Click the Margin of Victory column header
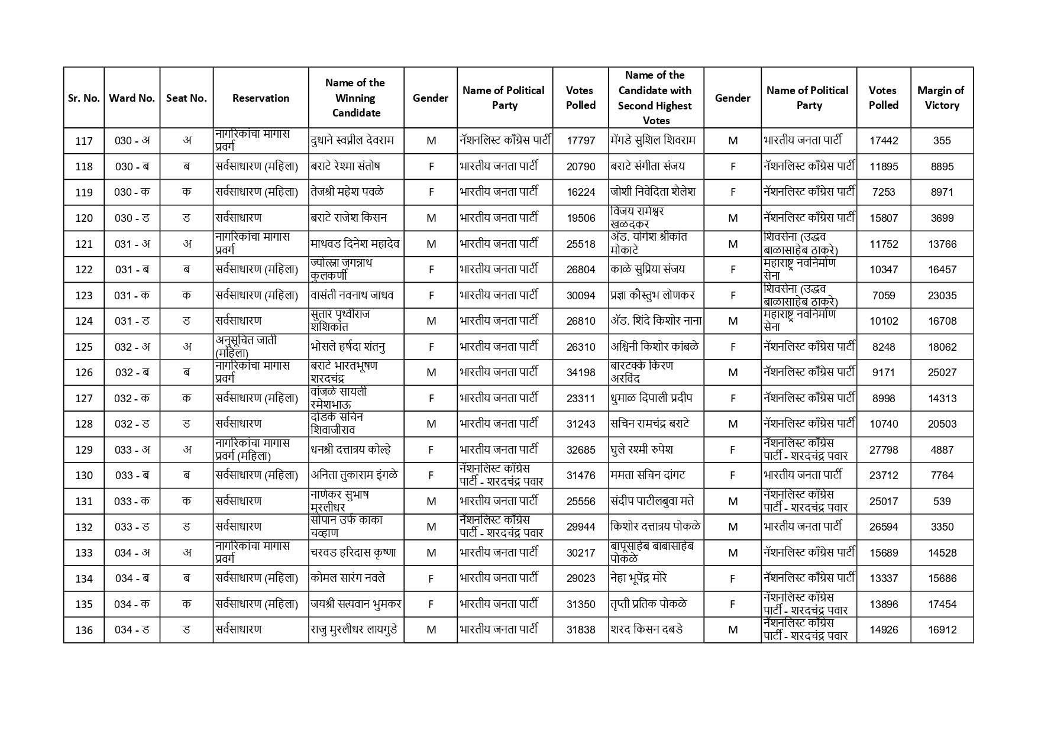pos(941,98)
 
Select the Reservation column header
pos(261,98)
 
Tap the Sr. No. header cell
pos(84,98)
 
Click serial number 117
pos(84,141)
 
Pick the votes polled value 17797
pos(580,141)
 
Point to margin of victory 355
pos(942,141)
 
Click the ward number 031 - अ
pos(132,244)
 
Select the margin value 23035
pos(942,295)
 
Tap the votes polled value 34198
pos(580,372)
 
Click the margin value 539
pos(942,501)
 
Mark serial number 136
pos(84,630)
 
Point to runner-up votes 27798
pos(884,450)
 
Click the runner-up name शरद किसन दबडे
pos(646,630)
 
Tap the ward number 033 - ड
pos(132,527)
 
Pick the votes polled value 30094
pos(580,295)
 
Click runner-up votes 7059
pos(884,295)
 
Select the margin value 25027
pos(942,372)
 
